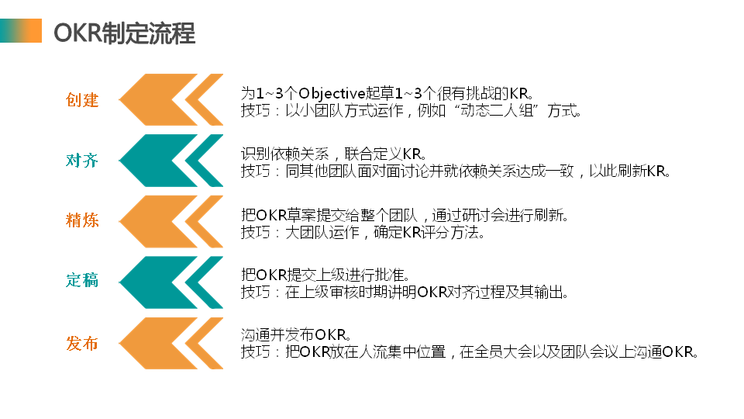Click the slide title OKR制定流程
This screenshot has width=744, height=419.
tap(124, 33)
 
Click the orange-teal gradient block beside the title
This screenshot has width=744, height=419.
tap(21, 32)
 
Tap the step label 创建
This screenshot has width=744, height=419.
tap(82, 100)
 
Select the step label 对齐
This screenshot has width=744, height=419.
tap(82, 161)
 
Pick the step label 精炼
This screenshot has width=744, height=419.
tap(82, 220)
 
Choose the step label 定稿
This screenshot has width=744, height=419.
tap(82, 281)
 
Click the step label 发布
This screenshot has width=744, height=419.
tap(82, 342)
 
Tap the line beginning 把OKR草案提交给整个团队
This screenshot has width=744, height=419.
tap(405, 214)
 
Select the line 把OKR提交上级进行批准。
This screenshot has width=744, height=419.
tap(325, 275)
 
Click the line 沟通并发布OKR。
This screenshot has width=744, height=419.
tap(298, 335)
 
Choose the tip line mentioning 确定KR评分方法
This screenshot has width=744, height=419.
tap(363, 232)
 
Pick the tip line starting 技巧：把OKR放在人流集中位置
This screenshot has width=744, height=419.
tap(470, 352)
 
